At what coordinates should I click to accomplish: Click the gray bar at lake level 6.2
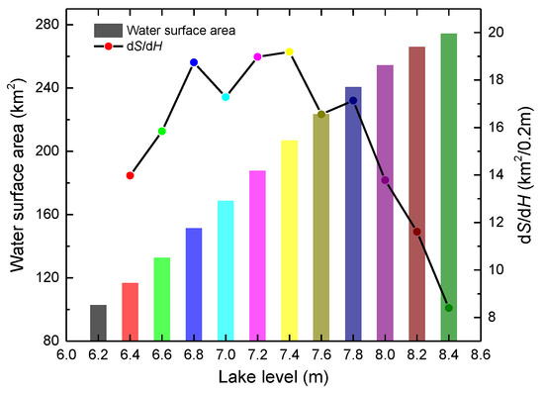(x=98, y=323)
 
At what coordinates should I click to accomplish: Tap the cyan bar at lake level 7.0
(x=226, y=270)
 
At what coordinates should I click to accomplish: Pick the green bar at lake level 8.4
(x=448, y=187)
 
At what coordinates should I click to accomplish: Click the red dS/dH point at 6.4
(x=130, y=175)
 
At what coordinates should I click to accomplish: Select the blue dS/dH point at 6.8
(x=194, y=62)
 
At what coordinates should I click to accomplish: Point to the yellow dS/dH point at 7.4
(x=290, y=51)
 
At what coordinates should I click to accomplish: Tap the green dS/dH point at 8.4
(x=448, y=308)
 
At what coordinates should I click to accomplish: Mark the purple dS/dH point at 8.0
(x=385, y=180)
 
